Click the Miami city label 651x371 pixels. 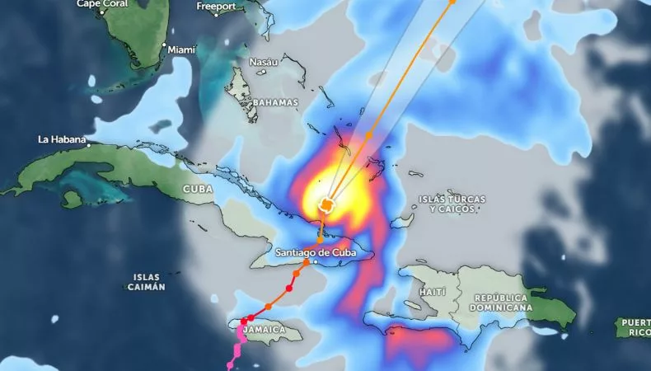pos(181,49)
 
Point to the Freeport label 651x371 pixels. pos(216,7)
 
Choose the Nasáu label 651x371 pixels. pos(264,62)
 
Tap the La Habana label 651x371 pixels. pos(62,139)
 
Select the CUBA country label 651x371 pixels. pos(197,189)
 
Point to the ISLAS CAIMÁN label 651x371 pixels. pos(146,282)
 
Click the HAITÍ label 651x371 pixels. pos(432,292)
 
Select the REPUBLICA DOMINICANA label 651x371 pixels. pos(501,302)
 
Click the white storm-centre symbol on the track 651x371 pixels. pos(327,204)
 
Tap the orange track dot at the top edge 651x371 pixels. pos(452,2)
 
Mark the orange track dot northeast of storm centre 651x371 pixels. pos(369,135)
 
